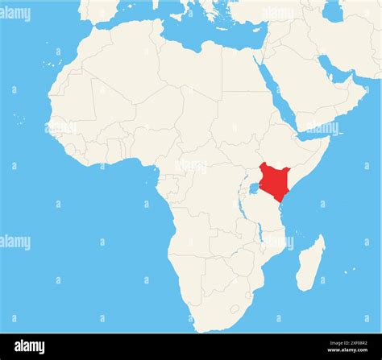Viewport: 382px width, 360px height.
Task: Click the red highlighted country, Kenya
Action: [x=274, y=179]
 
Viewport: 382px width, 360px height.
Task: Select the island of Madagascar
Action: [x=309, y=263]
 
